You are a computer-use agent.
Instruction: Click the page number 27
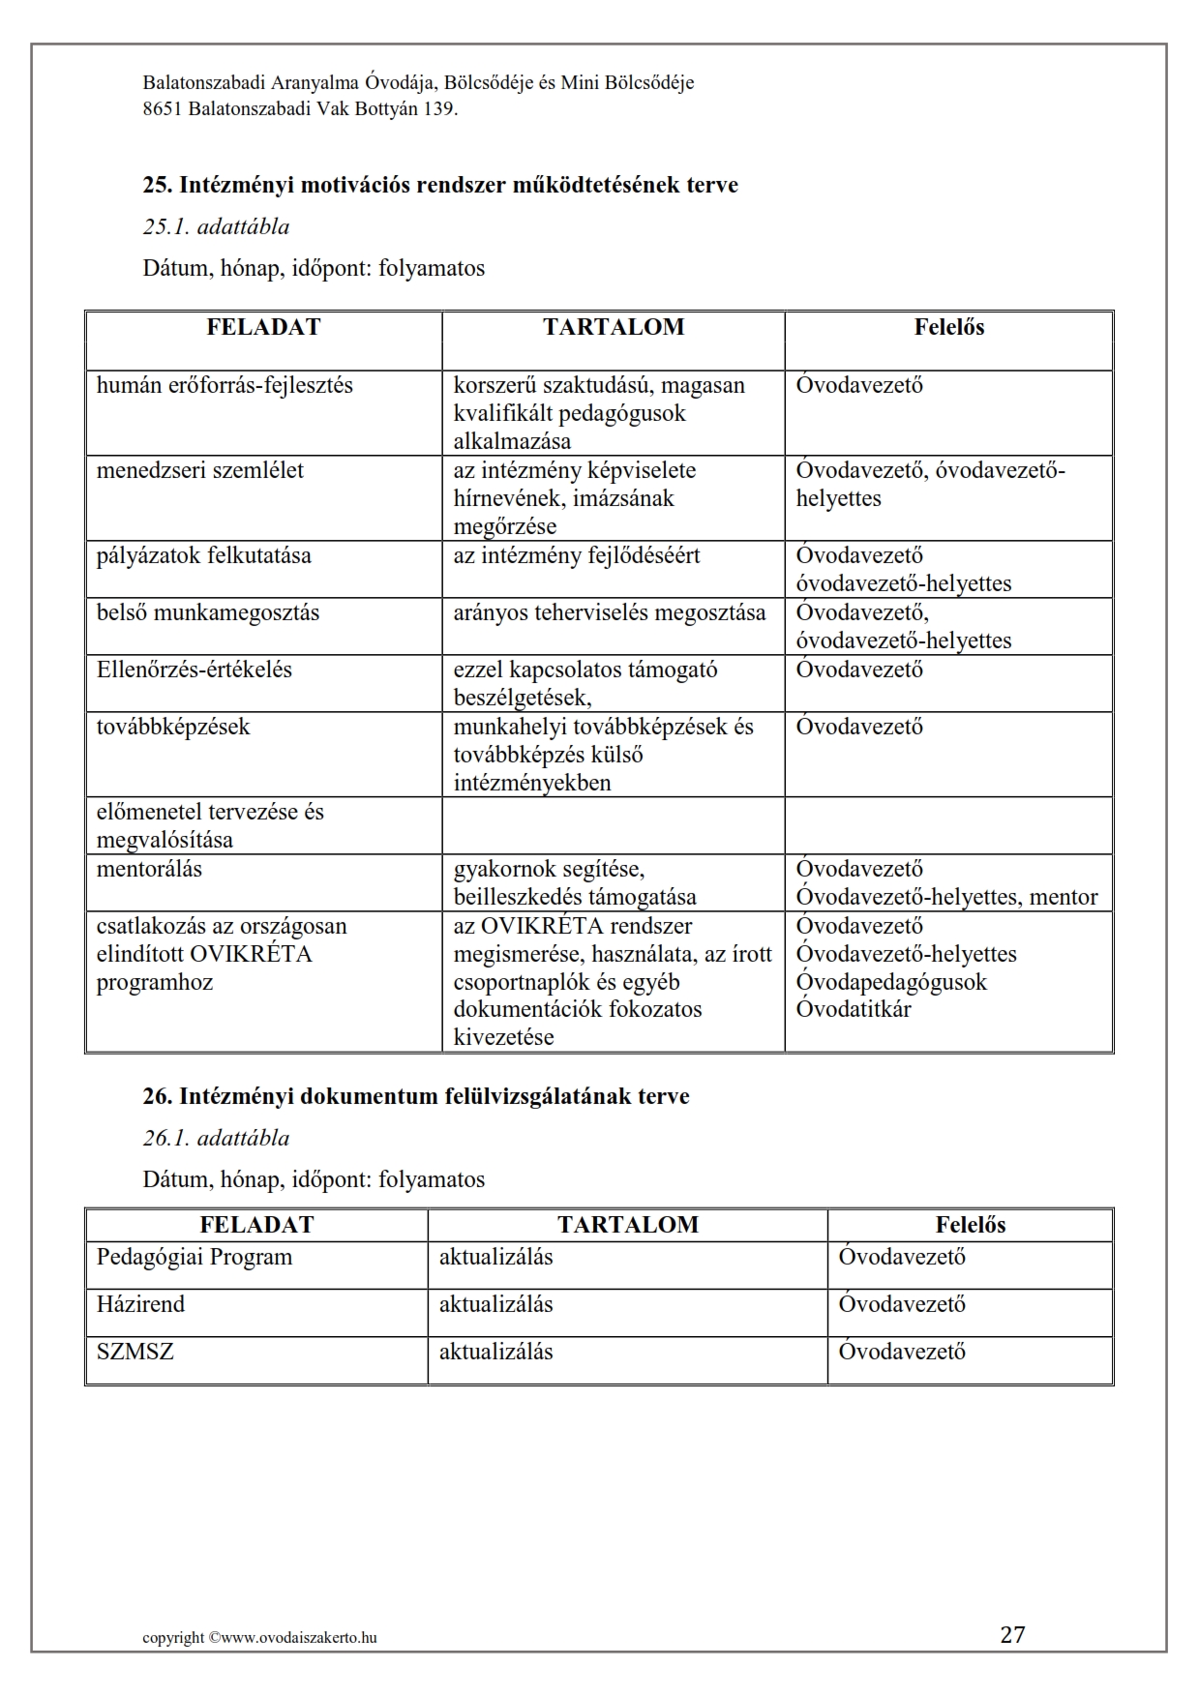tap(1012, 1634)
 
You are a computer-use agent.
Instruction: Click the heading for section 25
tap(440, 185)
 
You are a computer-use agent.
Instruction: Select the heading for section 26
tap(416, 1096)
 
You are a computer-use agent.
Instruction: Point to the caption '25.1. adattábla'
tap(216, 226)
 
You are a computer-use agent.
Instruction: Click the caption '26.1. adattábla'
tap(216, 1138)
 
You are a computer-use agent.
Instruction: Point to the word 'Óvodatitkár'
tap(854, 1009)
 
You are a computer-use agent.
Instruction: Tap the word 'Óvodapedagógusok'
tap(891, 981)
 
